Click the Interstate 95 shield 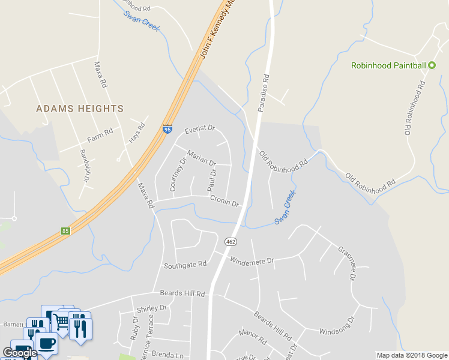[x=167, y=129]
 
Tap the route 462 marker [x=230, y=242]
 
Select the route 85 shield [x=65, y=231]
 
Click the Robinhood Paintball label [x=388, y=65]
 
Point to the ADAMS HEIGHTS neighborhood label [x=80, y=109]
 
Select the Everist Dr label [x=199, y=129]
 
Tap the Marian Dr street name [x=201, y=158]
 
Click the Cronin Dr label [x=224, y=203]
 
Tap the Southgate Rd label [x=185, y=264]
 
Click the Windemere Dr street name [x=252, y=261]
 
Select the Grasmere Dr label [x=348, y=264]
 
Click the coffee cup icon [x=46, y=343]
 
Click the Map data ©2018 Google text [x=411, y=355]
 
